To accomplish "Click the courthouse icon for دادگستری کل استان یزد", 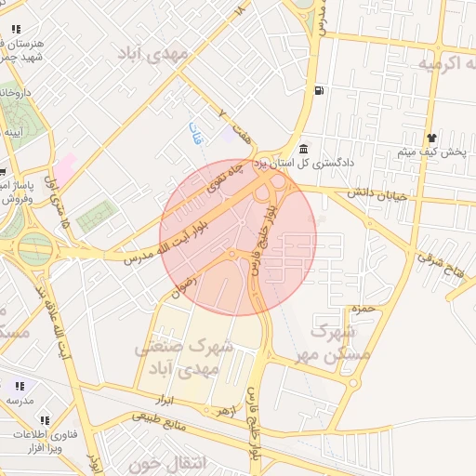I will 304,150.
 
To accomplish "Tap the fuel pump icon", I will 320,90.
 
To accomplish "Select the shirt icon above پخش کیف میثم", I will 431,137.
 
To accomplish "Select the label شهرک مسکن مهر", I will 337,342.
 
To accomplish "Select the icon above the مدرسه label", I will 20,386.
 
